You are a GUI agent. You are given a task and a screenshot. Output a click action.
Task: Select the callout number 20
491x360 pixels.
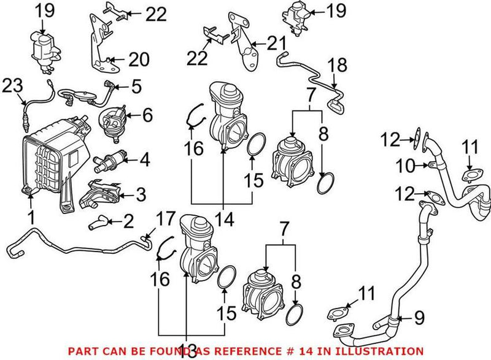point(139,59)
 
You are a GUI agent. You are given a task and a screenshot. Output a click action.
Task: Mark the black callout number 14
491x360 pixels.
point(223,218)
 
